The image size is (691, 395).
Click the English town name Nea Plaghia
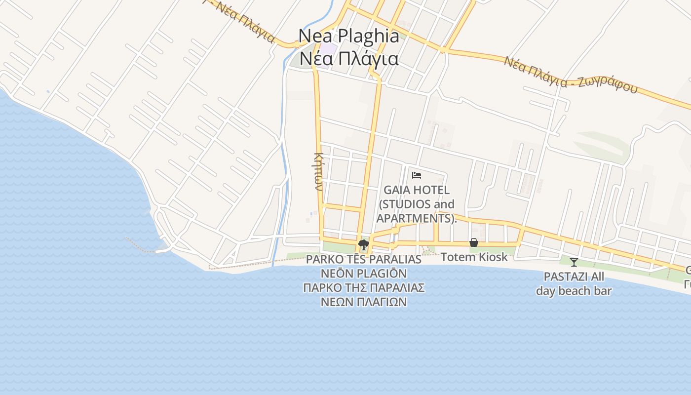coord(348,36)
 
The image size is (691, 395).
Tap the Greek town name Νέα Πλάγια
coord(348,59)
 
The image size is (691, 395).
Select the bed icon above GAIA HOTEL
coord(416,175)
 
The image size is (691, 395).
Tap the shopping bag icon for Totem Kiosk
coord(474,242)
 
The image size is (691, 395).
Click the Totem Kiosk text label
coord(474,257)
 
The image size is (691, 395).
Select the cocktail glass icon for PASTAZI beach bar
coord(574,262)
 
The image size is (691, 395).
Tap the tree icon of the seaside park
coord(364,244)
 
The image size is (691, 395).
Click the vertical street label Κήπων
coord(318,171)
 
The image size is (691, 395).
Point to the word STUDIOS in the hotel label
coord(402,204)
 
